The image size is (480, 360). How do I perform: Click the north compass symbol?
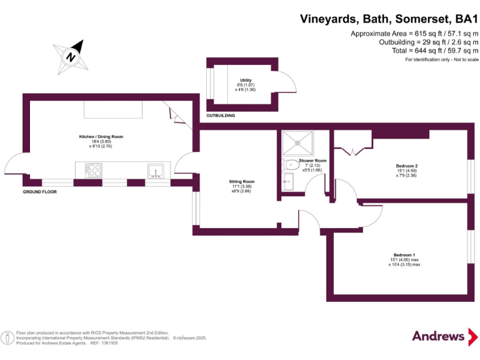pyautogui.click(x=71, y=55)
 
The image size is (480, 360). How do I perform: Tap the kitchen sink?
pyautogui.click(x=155, y=171)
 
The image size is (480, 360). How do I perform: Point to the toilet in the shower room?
pyautogui.click(x=291, y=166)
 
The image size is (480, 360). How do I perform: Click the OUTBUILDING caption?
pyautogui.click(x=221, y=116)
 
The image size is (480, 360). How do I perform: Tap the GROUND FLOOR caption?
pyautogui.click(x=40, y=192)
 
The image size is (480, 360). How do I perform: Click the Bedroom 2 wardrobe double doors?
pyautogui.click(x=347, y=151)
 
